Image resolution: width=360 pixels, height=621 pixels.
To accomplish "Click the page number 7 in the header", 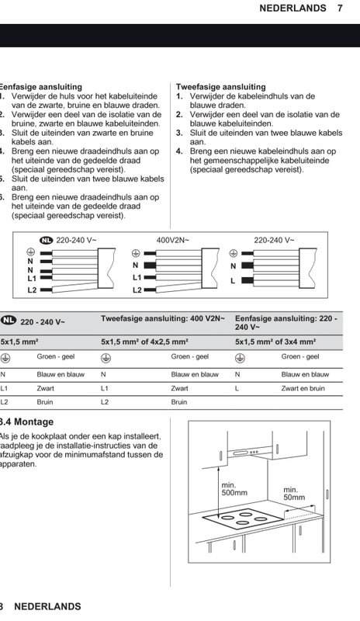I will click(x=340, y=9).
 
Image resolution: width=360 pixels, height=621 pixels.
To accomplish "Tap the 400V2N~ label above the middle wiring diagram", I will click(x=173, y=241).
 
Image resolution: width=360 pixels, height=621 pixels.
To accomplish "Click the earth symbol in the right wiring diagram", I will click(x=234, y=252).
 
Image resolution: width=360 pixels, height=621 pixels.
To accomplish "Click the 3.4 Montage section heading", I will click(x=28, y=422).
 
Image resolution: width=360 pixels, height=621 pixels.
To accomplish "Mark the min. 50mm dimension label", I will click(x=294, y=494).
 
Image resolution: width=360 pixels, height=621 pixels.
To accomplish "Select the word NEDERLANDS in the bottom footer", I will click(x=47, y=606).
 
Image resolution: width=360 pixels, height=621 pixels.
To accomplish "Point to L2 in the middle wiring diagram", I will click(x=137, y=290).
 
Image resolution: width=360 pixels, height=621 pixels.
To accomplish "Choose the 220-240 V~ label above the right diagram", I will click(x=274, y=241).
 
